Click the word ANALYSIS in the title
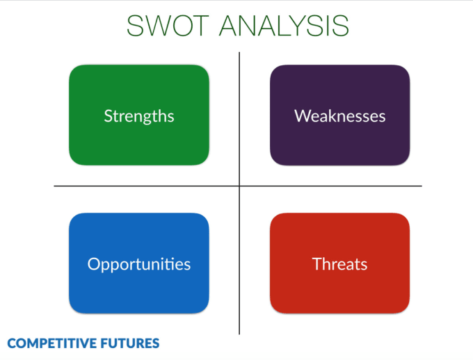click(284, 26)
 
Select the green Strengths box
click(139, 115)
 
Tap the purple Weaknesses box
click(339, 115)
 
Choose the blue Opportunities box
click(139, 263)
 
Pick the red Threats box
click(339, 263)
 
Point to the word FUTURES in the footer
click(132, 343)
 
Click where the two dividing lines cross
click(239, 186)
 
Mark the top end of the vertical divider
click(239, 53)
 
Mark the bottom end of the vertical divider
click(239, 334)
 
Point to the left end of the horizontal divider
click(54, 186)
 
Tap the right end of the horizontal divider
click(422, 186)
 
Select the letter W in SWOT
click(159, 26)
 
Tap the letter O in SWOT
click(184, 26)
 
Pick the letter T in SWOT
click(205, 26)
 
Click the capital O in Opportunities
click(93, 264)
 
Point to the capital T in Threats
click(316, 264)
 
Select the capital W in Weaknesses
click(301, 115)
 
